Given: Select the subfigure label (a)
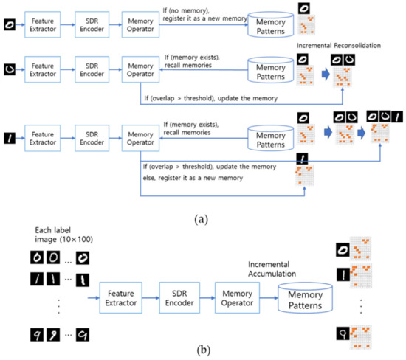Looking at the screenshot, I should point(202,218).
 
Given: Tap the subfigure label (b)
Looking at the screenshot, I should point(202,349).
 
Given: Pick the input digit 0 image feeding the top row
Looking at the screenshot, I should point(8,24).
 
